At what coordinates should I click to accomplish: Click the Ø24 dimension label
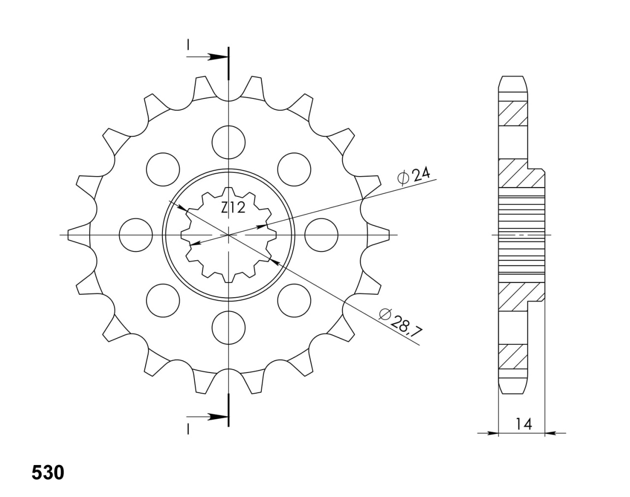[x=413, y=177]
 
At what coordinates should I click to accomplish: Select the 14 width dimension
[x=523, y=424]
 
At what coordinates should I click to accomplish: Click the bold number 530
[x=48, y=473]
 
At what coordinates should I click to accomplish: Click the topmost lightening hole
[x=229, y=142]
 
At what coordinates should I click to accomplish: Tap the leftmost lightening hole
[x=136, y=235]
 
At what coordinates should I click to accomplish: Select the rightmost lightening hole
[x=321, y=235]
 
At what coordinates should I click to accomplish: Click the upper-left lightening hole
[x=163, y=169]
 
